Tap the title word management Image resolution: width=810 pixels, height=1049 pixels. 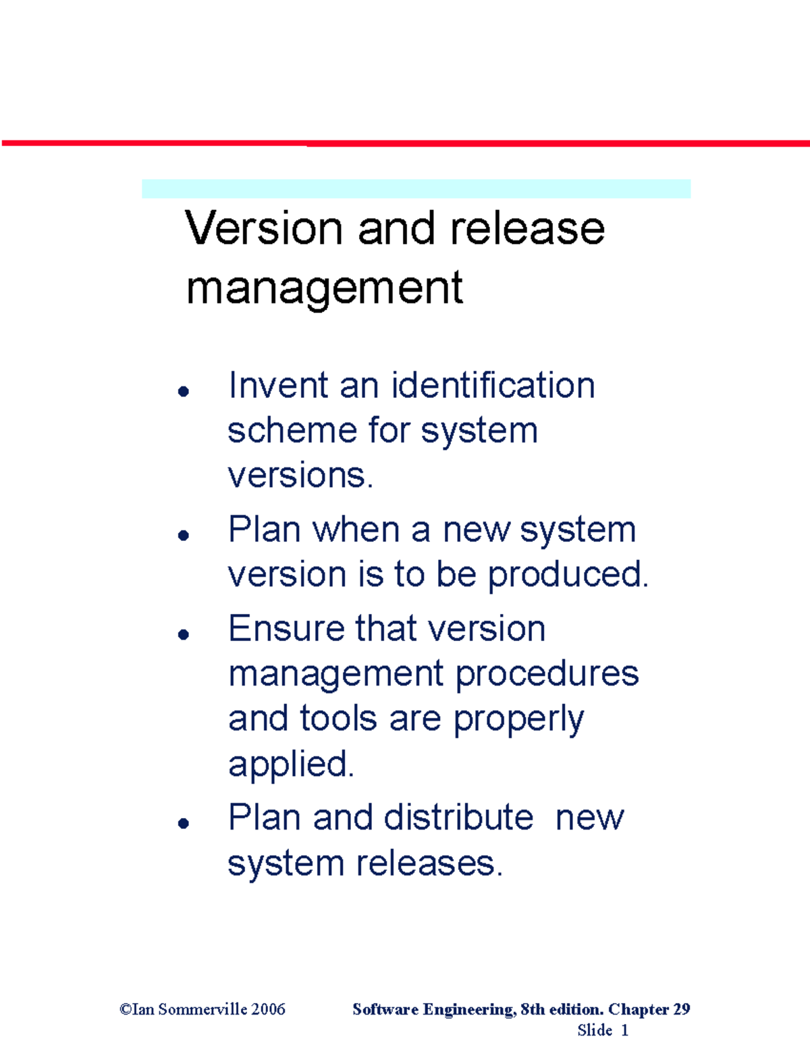324,288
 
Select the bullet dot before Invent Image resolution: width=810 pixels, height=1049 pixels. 183,390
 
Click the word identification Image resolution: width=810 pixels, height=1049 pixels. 493,386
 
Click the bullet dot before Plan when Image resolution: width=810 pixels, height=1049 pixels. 183,535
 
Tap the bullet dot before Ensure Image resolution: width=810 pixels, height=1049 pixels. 183,634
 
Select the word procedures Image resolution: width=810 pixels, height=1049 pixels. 547,673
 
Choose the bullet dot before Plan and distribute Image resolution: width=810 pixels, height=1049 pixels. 183,823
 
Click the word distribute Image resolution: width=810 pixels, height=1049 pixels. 458,817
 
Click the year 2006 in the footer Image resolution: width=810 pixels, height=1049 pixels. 268,1009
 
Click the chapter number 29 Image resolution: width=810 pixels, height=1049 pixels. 681,1009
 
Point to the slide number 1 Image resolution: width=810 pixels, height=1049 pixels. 624,1030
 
